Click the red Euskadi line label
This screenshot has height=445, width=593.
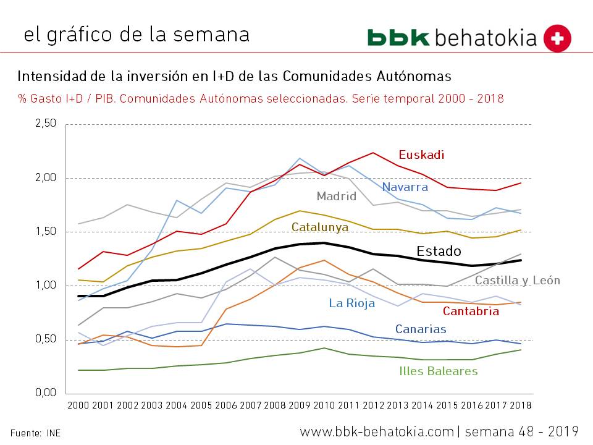421,155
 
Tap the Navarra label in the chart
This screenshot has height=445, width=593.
405,187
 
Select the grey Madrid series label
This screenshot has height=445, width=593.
337,197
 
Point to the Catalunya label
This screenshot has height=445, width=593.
320,227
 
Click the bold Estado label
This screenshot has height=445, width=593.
439,252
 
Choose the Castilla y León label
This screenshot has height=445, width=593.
517,281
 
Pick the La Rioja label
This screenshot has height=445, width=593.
351,303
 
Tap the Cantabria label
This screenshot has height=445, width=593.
471,311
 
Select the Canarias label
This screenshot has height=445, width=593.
421,329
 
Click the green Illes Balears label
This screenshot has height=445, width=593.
439,371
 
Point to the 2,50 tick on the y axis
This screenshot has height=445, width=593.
44,124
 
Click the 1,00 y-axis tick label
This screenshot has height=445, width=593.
44,286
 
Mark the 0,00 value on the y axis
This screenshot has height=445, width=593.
44,393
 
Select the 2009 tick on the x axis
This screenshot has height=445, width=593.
299,406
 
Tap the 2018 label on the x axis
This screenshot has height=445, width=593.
519,406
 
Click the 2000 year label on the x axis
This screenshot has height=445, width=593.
78,406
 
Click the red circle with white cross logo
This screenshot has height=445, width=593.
557,38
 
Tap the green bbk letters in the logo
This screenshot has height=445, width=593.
398,37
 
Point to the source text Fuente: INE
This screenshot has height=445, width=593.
35,433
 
